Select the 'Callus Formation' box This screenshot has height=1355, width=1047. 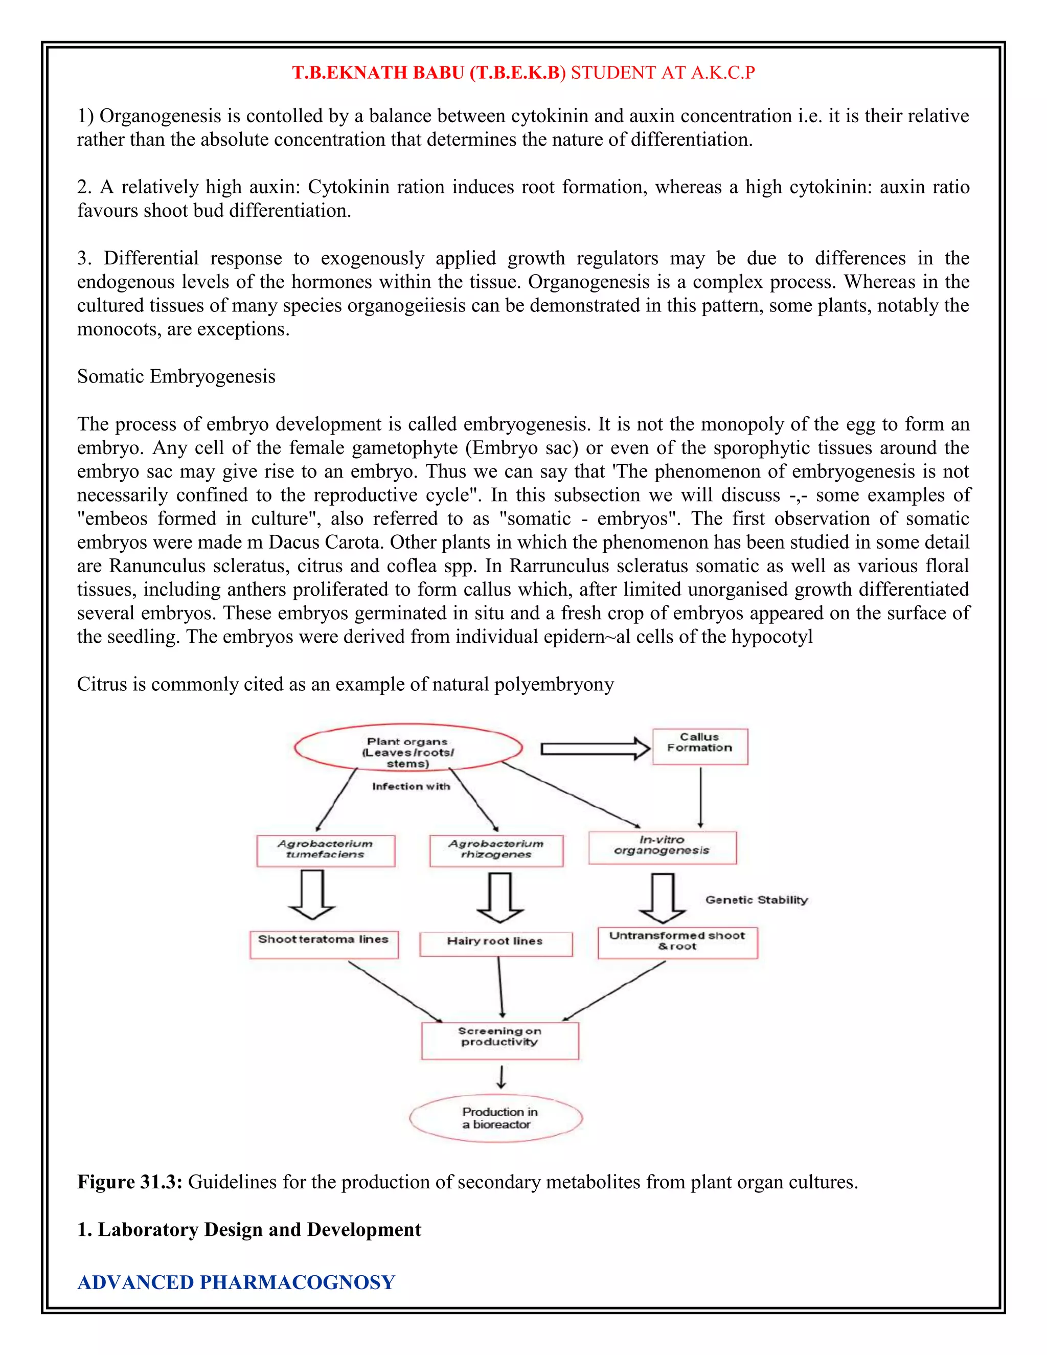pos(700,747)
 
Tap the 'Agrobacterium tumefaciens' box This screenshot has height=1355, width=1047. pos(326,850)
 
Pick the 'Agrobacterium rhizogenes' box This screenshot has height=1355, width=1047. pos(496,850)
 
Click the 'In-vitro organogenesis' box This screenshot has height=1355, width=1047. pos(663,847)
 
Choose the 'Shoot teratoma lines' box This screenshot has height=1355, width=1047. pos(324,944)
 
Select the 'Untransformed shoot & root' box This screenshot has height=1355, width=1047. pos(677,942)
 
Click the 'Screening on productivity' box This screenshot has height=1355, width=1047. pos(500,1041)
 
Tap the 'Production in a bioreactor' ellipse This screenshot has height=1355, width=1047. pos(496,1118)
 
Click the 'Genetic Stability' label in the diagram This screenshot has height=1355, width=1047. pos(756,899)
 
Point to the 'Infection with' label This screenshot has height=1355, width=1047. pos(411,786)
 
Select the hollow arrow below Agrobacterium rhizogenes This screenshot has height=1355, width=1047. pos(500,898)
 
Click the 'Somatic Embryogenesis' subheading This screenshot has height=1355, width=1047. pos(176,377)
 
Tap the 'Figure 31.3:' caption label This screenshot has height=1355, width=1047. pos(130,1182)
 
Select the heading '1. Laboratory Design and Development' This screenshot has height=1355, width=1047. pos(249,1230)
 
